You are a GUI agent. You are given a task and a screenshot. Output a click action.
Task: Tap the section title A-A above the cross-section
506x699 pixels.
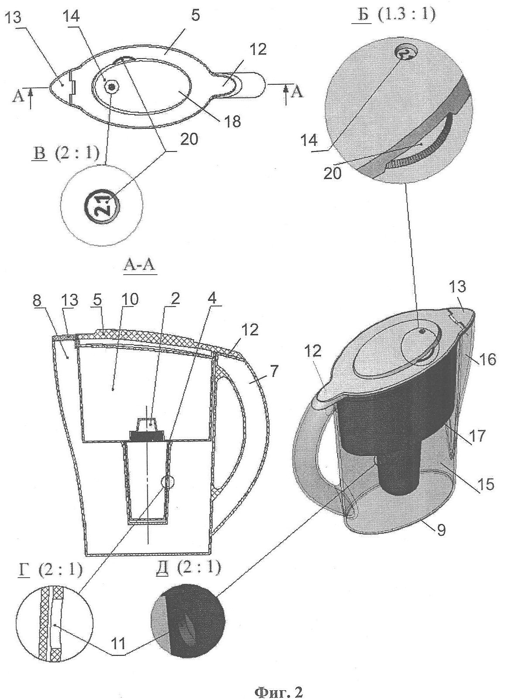[139, 266]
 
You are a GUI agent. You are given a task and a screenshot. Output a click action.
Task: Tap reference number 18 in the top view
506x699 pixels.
[233, 121]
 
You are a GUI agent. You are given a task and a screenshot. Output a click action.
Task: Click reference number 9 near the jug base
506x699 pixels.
[441, 530]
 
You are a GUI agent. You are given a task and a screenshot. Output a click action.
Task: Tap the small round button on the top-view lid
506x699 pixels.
[113, 87]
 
